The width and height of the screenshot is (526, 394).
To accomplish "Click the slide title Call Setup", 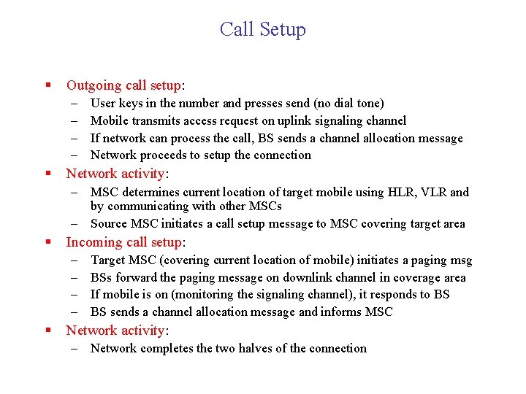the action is coord(263,29).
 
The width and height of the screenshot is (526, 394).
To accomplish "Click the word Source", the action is coord(108,224).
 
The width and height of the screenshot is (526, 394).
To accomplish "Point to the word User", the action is coord(104,104).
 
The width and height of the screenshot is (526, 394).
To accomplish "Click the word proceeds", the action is coord(165,155).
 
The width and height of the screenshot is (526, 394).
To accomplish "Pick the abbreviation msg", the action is coord(460,260).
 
